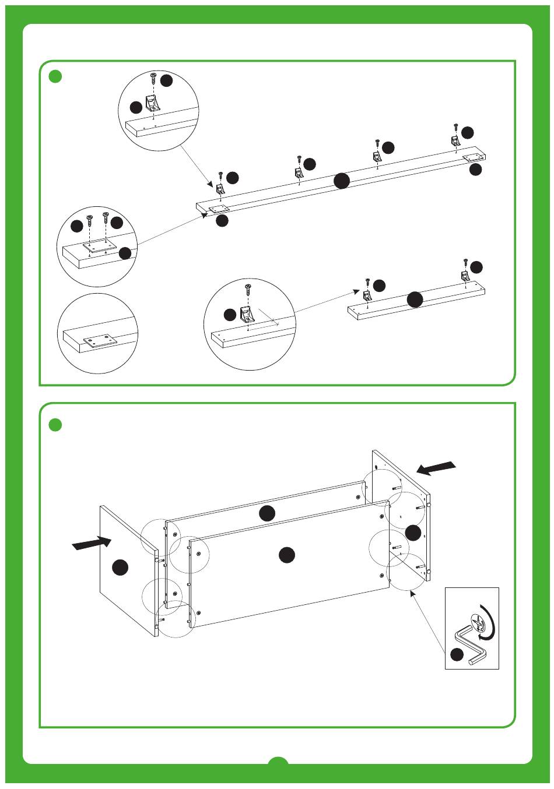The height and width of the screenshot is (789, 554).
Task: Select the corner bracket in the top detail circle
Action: click(x=153, y=104)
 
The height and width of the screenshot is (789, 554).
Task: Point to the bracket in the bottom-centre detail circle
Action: click(x=248, y=315)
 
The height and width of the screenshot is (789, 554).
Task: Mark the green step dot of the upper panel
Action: click(x=55, y=76)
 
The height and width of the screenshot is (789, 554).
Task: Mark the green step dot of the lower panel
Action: click(x=55, y=425)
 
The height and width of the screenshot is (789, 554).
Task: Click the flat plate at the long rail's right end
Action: click(x=474, y=157)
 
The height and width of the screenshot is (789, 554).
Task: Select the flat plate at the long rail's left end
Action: click(x=219, y=208)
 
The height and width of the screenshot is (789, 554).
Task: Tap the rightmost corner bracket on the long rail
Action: click(x=455, y=141)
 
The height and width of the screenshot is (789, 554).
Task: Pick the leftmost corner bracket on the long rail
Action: click(x=221, y=189)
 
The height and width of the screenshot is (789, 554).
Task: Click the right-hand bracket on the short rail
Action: click(x=465, y=276)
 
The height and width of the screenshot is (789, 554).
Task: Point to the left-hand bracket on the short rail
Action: click(x=368, y=295)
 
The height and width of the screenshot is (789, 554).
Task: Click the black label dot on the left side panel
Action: click(x=121, y=567)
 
